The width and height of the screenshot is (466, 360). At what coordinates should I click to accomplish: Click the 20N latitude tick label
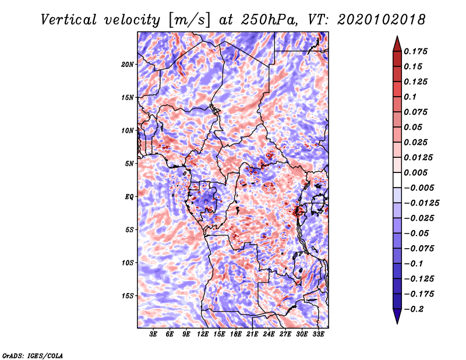coord(128,65)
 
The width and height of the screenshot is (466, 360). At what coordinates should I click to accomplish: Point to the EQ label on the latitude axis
coord(129,197)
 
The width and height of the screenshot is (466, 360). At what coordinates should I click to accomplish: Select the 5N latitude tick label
coord(129,164)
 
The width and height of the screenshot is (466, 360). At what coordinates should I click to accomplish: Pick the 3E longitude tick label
coord(153,334)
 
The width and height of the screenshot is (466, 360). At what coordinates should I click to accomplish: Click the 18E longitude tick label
coord(236,334)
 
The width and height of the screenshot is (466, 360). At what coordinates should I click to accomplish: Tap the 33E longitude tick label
coord(318,334)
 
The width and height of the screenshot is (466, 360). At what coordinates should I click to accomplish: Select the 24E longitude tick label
coord(269,334)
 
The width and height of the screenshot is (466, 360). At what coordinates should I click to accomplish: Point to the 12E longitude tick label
coord(203,334)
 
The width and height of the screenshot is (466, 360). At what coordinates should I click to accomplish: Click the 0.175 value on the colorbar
coord(415,51)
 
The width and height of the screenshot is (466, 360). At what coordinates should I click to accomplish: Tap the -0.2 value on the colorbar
coord(414,309)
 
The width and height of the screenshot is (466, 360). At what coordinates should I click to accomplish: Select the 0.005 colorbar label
coord(415,172)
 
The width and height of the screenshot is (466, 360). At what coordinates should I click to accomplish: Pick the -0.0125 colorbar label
coord(421,203)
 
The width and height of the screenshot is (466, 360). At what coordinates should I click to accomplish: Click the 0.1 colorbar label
coord(410,97)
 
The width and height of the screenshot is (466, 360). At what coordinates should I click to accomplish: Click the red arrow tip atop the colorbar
coord(397,36)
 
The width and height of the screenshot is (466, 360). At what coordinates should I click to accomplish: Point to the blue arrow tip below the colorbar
coord(397,323)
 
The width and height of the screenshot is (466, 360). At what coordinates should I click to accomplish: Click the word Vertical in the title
coord(68,20)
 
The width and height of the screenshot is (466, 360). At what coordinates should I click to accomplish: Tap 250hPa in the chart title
coord(269,20)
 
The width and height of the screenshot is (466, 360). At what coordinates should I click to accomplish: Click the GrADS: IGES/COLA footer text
coord(33,356)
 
